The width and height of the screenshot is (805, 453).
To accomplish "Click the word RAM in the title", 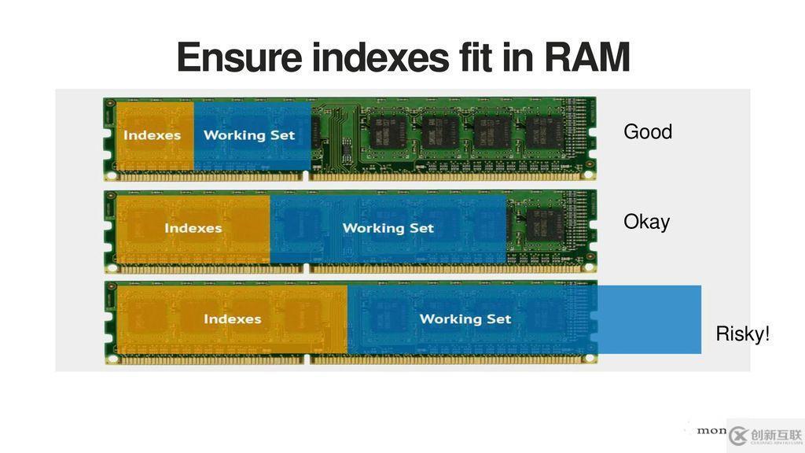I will coord(586,58).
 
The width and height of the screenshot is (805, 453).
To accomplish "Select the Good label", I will coord(648,131).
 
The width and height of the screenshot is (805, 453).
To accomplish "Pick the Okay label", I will coord(646,222).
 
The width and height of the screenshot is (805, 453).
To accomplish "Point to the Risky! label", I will coord(742,334).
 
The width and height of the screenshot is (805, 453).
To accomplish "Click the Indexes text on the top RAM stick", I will coord(152,135).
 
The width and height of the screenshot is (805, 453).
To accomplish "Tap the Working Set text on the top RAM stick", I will coord(249,135).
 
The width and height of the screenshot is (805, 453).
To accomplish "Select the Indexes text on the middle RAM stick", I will coord(193,228).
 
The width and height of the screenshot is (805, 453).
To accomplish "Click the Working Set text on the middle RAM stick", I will coord(388,228).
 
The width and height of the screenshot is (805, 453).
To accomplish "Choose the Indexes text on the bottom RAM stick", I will coord(232,319).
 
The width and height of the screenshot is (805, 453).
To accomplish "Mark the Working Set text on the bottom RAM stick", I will coord(465,319).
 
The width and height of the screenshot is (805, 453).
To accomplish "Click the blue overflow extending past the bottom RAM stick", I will coord(649,319).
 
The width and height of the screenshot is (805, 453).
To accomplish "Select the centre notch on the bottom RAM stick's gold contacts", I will coord(307,359).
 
